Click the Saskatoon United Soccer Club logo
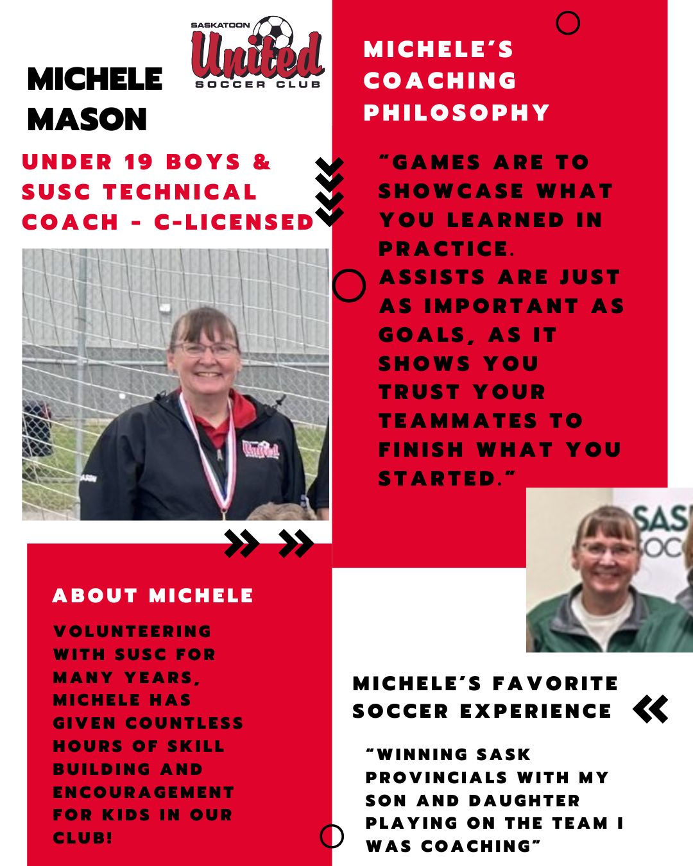click(257, 53)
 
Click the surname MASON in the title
click(87, 119)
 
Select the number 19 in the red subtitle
click(138, 162)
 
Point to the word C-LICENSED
click(234, 222)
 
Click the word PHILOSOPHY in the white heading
click(456, 112)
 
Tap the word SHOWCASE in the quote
click(451, 191)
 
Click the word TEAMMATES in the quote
click(458, 421)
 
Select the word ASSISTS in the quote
click(432, 277)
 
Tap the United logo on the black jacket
click(261, 448)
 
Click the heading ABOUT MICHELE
click(153, 595)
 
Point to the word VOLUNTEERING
click(132, 631)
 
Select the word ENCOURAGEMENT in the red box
click(143, 792)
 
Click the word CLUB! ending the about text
click(83, 838)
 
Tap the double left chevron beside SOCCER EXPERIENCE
click(650, 709)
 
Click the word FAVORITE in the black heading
click(555, 683)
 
